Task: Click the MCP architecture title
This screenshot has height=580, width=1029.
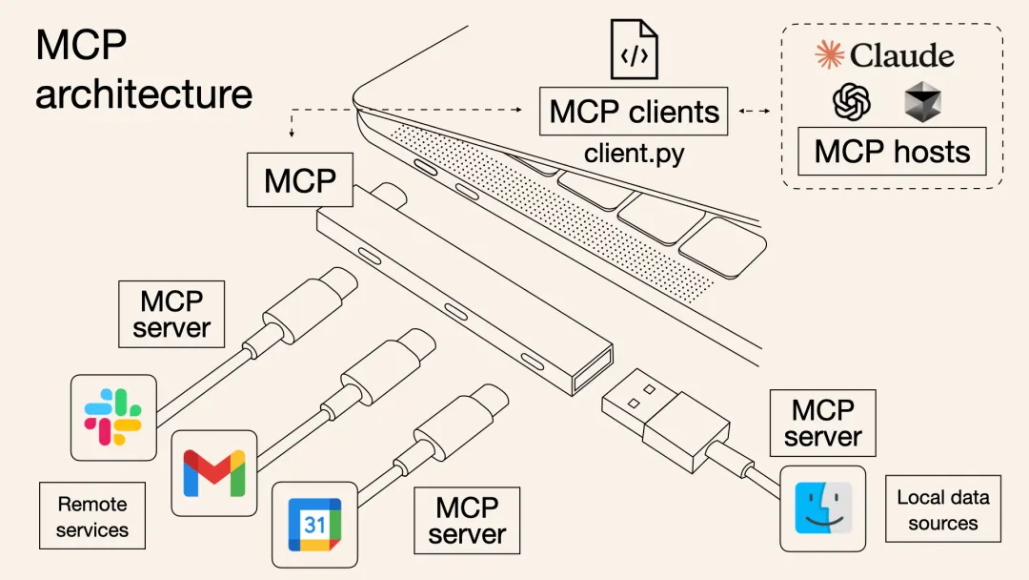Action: [x=143, y=70]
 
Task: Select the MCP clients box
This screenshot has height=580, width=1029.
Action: [x=634, y=112]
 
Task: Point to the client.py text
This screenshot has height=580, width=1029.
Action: [x=634, y=153]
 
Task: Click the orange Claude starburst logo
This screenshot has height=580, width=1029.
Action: [x=830, y=55]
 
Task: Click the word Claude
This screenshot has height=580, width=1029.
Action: [x=901, y=56]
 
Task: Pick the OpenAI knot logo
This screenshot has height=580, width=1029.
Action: [x=852, y=101]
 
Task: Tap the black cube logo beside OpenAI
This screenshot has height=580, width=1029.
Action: [x=921, y=101]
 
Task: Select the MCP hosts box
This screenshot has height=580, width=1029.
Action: [x=892, y=152]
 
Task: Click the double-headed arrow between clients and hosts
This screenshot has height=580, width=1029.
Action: [x=754, y=112]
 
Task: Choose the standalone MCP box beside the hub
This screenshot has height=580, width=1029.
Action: [x=300, y=180]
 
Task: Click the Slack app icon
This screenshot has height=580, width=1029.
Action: [x=113, y=417]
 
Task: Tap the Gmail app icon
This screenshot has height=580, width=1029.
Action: [x=214, y=472]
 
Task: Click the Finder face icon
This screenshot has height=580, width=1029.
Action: [x=822, y=507]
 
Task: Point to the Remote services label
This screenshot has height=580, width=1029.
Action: [x=92, y=515]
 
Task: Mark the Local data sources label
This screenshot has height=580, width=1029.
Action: [x=942, y=509]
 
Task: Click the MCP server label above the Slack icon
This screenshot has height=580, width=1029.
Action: [x=171, y=314]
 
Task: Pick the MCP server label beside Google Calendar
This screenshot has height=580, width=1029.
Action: [x=467, y=520]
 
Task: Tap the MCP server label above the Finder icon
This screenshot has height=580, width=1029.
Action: [x=822, y=423]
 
